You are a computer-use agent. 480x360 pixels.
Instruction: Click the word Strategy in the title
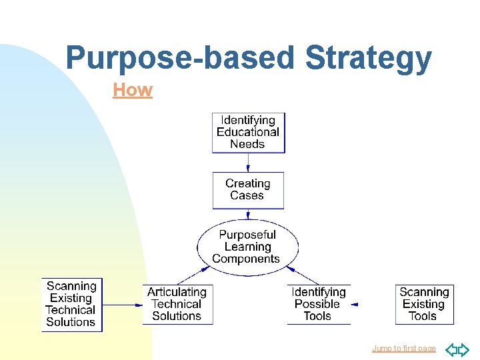tap(368, 59)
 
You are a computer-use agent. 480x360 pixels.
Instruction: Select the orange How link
tap(133, 90)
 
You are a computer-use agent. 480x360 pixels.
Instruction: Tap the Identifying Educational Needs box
tap(248, 133)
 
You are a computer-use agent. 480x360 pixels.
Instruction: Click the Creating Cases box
tap(248, 190)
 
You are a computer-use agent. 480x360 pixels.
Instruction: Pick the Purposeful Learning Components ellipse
tap(247, 247)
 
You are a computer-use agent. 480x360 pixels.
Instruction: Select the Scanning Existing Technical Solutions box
tap(72, 305)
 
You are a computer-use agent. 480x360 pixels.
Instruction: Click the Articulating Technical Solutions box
tap(177, 305)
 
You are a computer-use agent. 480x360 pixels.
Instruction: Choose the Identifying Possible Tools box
tap(319, 305)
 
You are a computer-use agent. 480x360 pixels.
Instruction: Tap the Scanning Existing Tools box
tap(424, 305)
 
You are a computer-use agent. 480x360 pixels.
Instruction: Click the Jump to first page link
tap(403, 349)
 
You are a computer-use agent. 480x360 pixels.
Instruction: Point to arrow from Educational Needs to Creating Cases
tap(248, 163)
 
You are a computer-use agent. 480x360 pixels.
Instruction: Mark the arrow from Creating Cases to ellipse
tap(248, 214)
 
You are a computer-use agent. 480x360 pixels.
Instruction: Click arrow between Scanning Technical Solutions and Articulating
tap(123, 305)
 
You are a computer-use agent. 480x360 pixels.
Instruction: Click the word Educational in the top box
tap(248, 133)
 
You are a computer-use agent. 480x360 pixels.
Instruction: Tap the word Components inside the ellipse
tap(246, 259)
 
